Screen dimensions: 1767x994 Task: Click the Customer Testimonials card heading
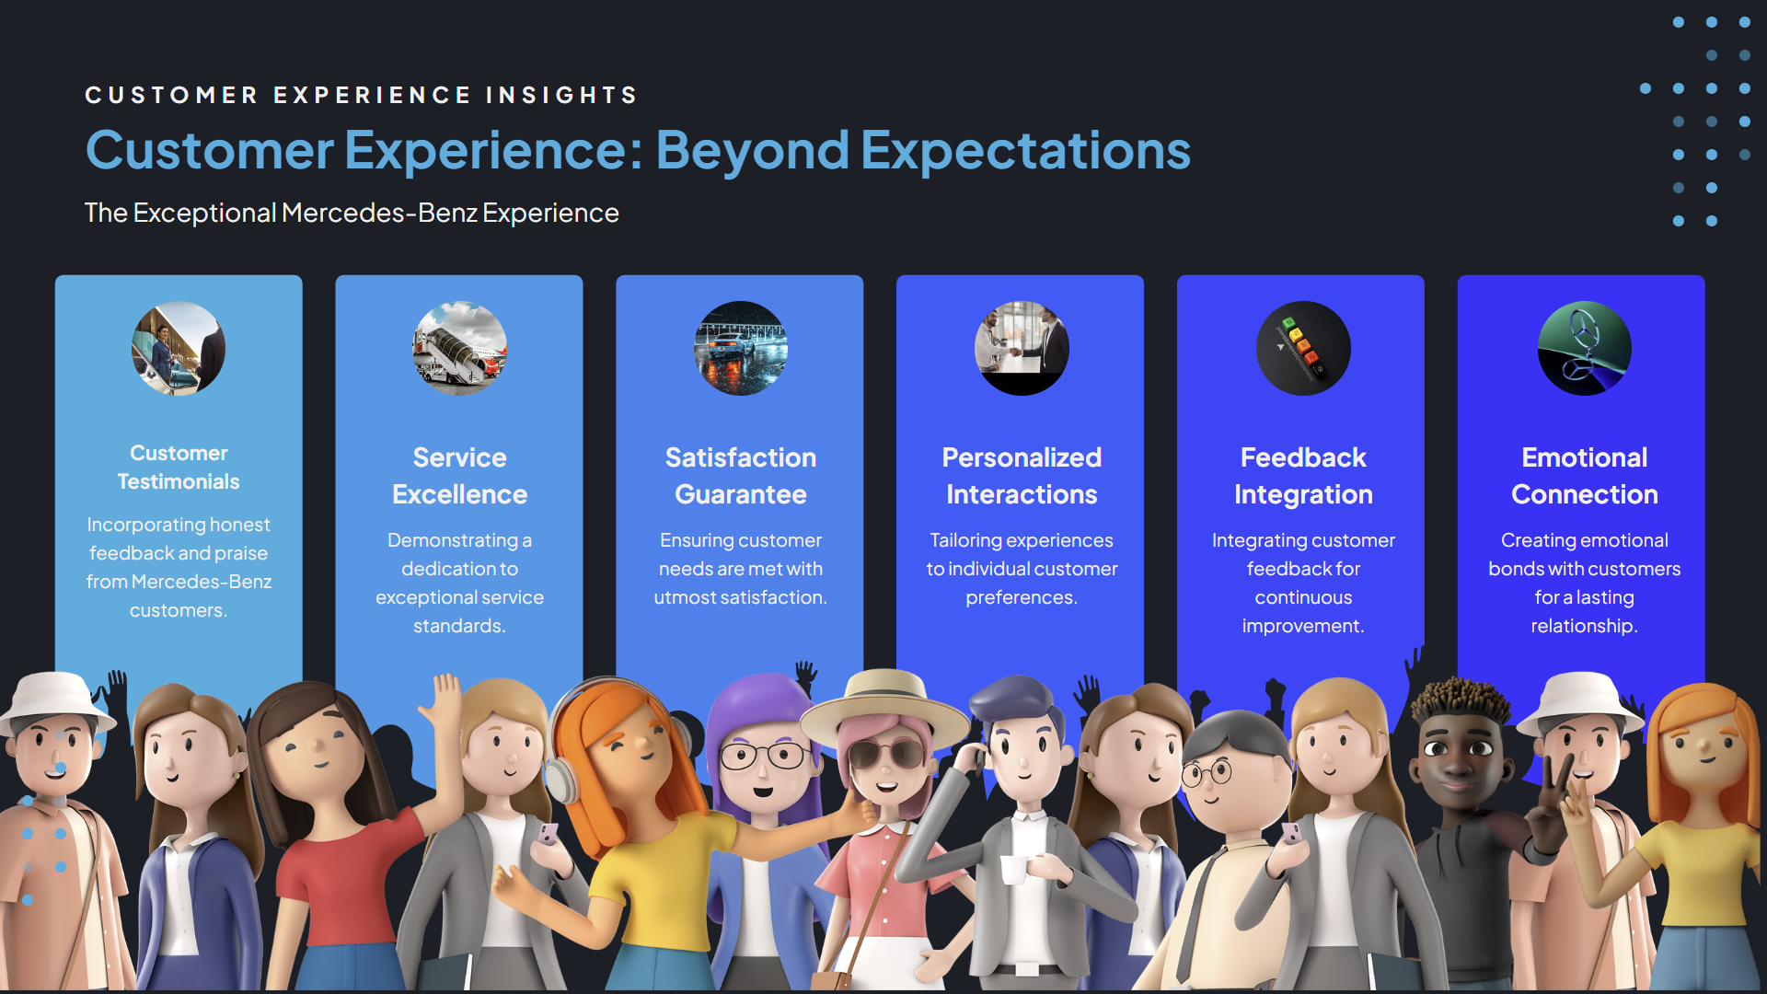pos(179,468)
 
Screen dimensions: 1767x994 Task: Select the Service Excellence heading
pos(459,476)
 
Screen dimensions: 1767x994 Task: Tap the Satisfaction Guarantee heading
pos(741,476)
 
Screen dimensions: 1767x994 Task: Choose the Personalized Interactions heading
pos(1022,476)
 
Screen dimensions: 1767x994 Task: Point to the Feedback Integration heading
pos(1303,476)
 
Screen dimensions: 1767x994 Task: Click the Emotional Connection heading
pos(1585,476)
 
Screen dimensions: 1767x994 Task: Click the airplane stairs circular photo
pos(460,349)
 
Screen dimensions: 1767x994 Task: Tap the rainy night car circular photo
pos(741,349)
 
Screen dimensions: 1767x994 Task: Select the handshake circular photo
pos(1022,349)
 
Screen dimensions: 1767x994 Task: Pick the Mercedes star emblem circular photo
pos(1585,349)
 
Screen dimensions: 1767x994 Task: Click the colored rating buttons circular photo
pos(1303,349)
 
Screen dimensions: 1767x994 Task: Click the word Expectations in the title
pos(1026,151)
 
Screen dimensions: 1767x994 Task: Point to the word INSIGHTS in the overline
pos(561,95)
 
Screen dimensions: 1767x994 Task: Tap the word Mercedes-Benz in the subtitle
pos(379,213)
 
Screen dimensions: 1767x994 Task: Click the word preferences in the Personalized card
pos(1022,598)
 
